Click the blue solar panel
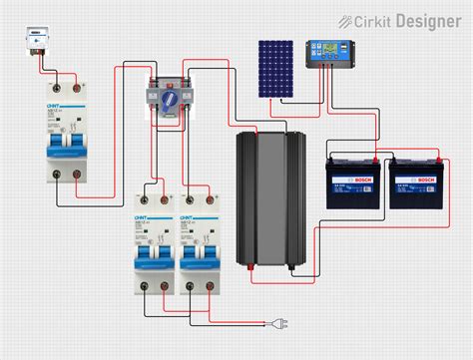click(277, 69)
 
